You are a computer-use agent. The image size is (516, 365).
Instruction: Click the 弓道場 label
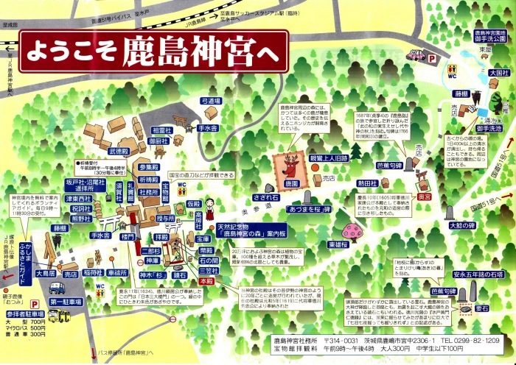(211, 100)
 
